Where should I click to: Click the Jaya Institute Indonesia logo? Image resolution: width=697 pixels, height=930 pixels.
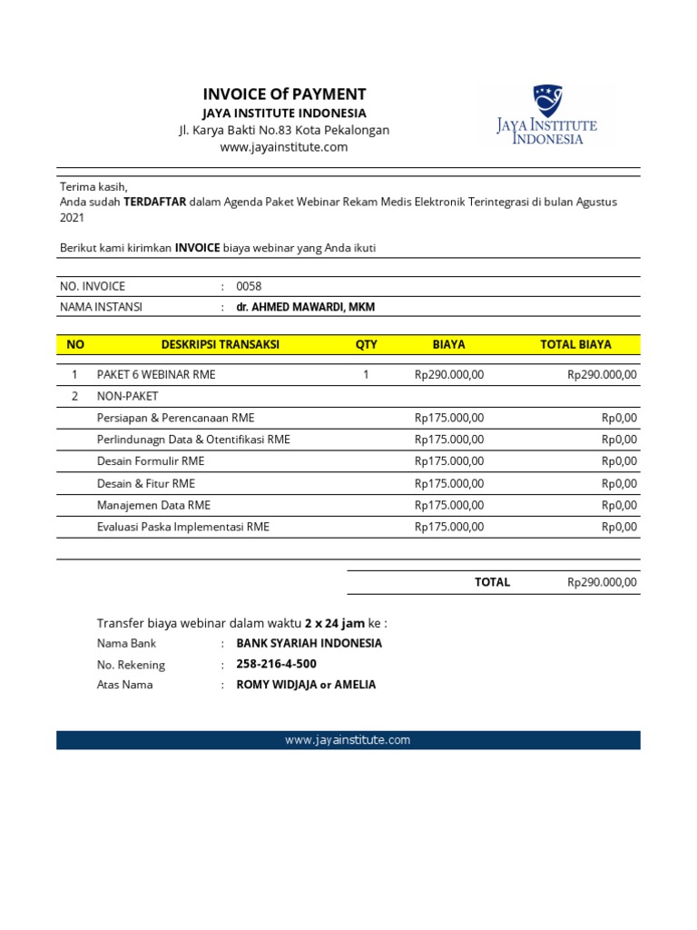pyautogui.click(x=546, y=116)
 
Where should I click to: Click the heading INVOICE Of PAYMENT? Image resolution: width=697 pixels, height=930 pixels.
pyautogui.click(x=284, y=94)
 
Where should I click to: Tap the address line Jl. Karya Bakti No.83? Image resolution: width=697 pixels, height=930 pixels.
pyautogui.click(x=284, y=130)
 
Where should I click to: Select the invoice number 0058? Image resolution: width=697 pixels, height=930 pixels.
pyautogui.click(x=249, y=286)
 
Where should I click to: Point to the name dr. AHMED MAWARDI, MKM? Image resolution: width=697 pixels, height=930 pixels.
pyautogui.click(x=305, y=307)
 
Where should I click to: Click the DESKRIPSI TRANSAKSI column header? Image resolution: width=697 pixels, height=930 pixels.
pyautogui.click(x=221, y=344)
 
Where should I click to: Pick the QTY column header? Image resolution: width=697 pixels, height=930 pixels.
pyautogui.click(x=366, y=344)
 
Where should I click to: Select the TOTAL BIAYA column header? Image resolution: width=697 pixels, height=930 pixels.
pyautogui.click(x=575, y=344)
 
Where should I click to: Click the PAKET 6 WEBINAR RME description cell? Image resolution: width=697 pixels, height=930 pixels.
pyautogui.click(x=156, y=374)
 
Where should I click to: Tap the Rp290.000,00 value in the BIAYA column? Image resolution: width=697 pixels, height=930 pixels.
pyautogui.click(x=449, y=374)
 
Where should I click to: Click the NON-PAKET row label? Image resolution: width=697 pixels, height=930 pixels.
pyautogui.click(x=127, y=396)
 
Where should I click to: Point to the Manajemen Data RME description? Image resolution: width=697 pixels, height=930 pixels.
pyautogui.click(x=153, y=505)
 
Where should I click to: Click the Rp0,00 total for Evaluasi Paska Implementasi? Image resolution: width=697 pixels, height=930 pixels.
pyautogui.click(x=619, y=527)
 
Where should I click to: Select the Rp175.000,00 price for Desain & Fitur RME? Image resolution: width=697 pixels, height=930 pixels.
pyautogui.click(x=449, y=483)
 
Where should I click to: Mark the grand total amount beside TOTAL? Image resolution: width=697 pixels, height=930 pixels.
pyautogui.click(x=602, y=582)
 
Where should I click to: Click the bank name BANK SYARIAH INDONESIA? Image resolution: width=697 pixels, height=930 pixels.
pyautogui.click(x=309, y=643)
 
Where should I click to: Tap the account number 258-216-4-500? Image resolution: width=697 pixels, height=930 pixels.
pyautogui.click(x=276, y=664)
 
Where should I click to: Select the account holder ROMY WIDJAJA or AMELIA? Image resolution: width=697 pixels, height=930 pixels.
pyautogui.click(x=306, y=685)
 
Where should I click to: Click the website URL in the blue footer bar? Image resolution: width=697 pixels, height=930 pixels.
pyautogui.click(x=348, y=740)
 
